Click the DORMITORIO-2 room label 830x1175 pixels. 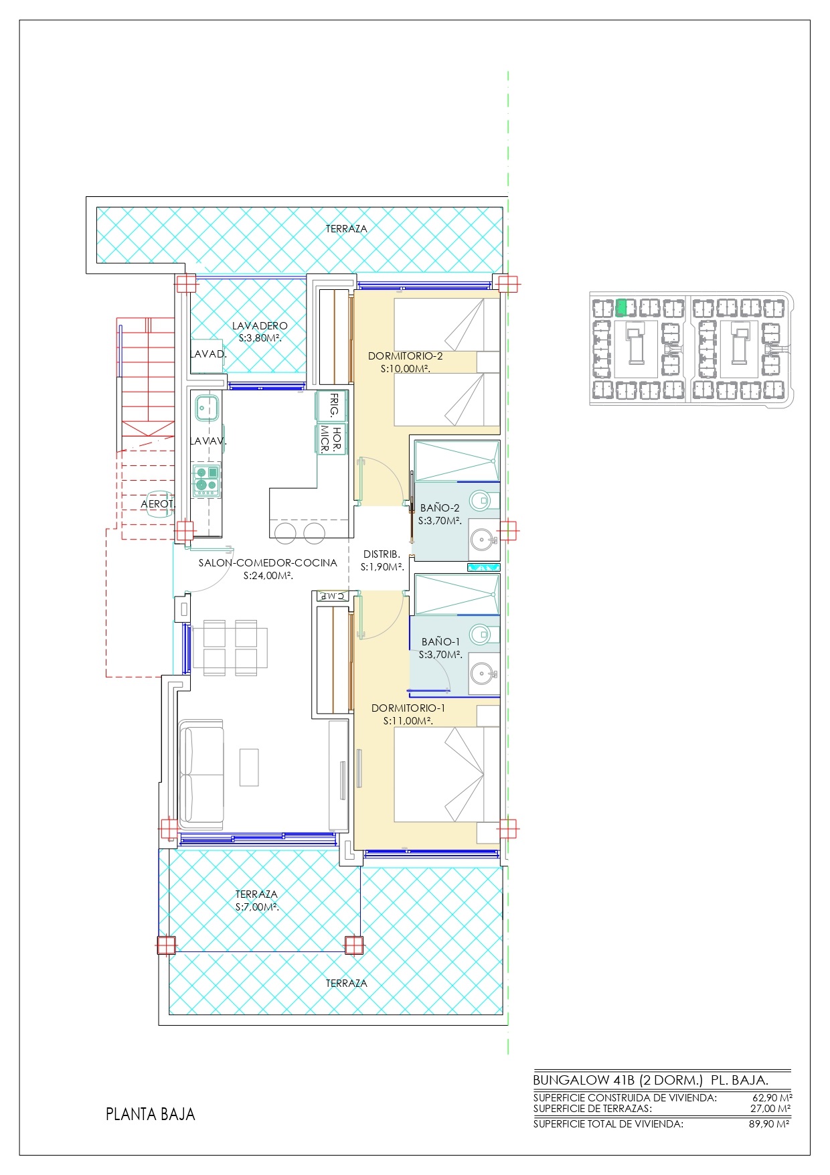click(405, 356)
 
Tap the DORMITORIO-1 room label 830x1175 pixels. click(408, 708)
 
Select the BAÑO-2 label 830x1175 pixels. click(440, 508)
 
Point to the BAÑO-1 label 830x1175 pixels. click(440, 642)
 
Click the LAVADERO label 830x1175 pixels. click(260, 326)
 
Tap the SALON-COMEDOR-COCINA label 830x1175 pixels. click(268, 563)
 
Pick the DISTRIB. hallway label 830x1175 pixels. click(382, 554)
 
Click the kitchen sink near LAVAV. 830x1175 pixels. click(207, 406)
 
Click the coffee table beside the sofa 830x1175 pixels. click(249, 767)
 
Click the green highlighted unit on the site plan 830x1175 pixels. click(622, 307)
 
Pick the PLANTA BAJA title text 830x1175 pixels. click(151, 1115)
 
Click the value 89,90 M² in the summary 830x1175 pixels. click(769, 1124)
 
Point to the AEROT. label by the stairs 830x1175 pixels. click(157, 504)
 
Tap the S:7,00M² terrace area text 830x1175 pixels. click(257, 907)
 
